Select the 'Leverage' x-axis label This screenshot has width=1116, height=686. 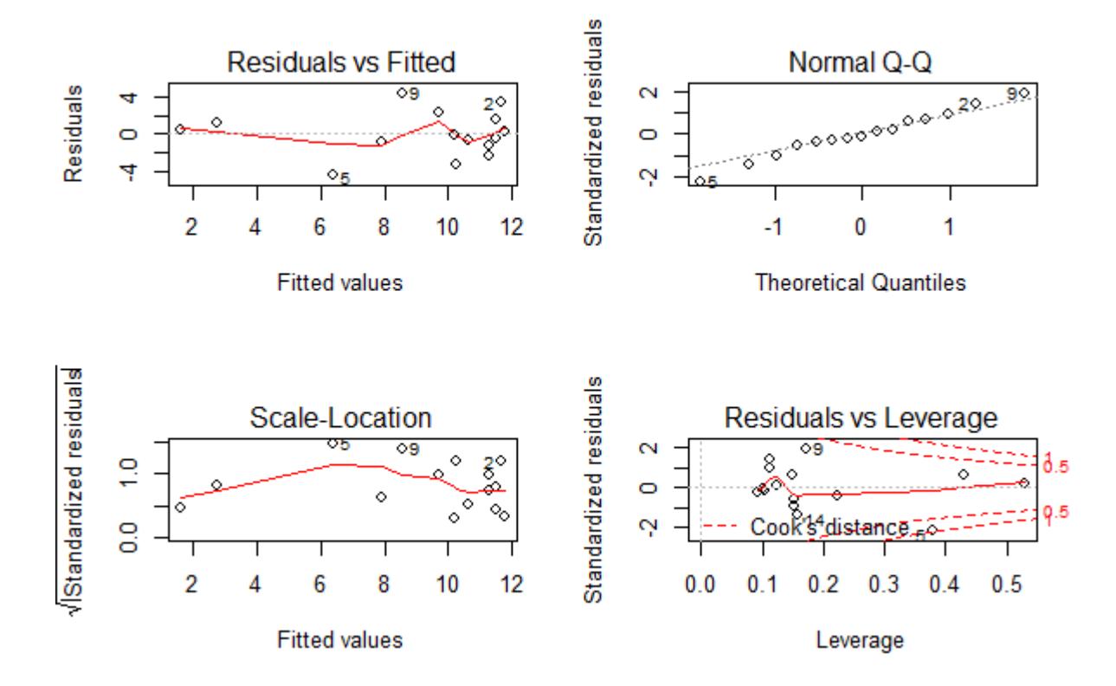(x=861, y=641)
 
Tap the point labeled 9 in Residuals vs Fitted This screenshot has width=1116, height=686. (x=402, y=93)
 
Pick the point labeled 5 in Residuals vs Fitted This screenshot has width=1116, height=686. (x=332, y=174)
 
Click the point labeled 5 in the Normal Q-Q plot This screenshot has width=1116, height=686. (x=700, y=181)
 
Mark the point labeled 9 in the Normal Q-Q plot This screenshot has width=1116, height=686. (x=1023, y=93)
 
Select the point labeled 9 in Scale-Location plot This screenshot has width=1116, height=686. (x=402, y=448)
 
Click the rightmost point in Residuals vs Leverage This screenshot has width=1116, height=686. (x=1024, y=482)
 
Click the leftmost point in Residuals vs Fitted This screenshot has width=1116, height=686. (x=179, y=128)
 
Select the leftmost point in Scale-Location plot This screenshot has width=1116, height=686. (x=179, y=507)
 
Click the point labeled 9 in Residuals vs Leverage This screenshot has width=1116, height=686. (x=804, y=449)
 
